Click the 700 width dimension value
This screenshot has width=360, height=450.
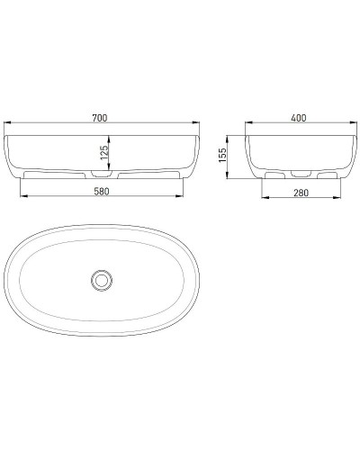[102, 117]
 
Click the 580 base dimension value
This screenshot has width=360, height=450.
[102, 191]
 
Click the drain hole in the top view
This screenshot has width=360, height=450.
[102, 281]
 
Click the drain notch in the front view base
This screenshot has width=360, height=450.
[102, 171]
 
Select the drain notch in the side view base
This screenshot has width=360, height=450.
[294, 171]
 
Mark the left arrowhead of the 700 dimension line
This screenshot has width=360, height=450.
[7, 124]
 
